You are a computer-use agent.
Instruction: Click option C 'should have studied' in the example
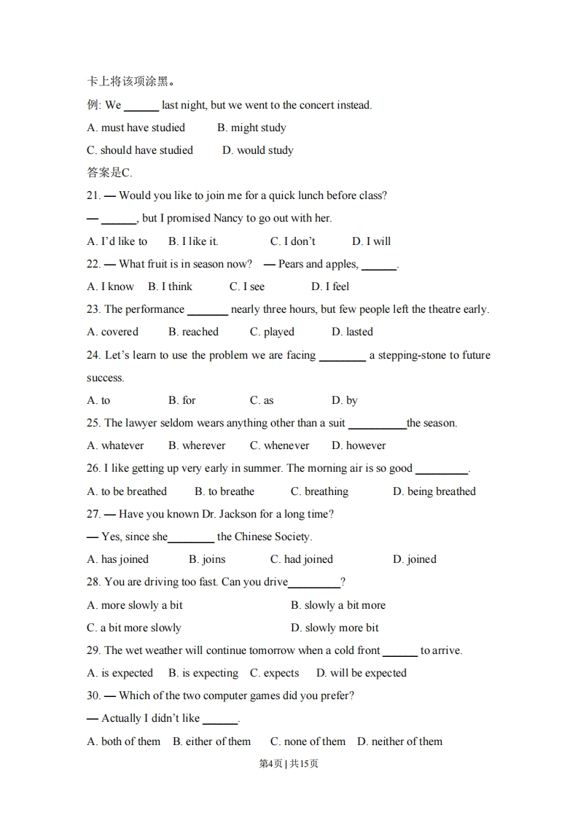[140, 150]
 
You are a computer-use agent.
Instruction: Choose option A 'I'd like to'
[117, 241]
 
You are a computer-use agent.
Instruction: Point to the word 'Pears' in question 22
[291, 264]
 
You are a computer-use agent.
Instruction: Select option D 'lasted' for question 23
[352, 332]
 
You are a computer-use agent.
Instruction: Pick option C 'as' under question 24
[262, 400]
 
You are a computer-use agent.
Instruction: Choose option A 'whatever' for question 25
[115, 445]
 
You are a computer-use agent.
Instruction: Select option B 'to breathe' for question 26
[224, 491]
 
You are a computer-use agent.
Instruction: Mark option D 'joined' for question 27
[415, 559]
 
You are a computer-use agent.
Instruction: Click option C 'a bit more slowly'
[134, 628]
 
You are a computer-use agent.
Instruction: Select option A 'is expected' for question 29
[120, 673]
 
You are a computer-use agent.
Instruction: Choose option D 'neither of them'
[399, 741]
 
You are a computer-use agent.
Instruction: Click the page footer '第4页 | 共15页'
[289, 764]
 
